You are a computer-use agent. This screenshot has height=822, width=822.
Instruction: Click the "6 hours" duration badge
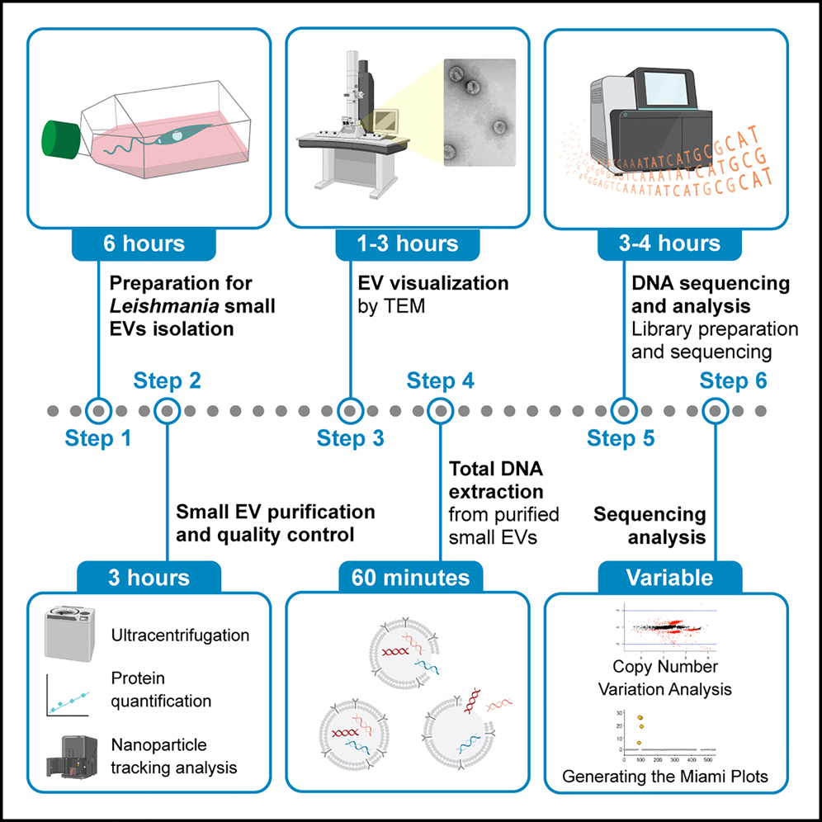(144, 244)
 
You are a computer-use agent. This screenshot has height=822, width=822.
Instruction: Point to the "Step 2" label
(167, 381)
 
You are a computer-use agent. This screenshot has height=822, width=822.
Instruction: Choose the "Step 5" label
(621, 438)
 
